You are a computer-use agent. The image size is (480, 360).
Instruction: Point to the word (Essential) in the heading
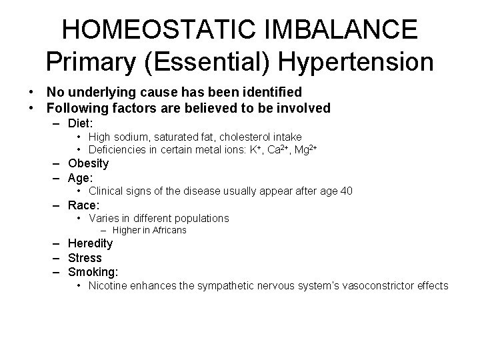click(x=211, y=62)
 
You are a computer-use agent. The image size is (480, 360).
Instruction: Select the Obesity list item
click(x=88, y=163)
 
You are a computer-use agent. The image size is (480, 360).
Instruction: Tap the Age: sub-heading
click(x=81, y=178)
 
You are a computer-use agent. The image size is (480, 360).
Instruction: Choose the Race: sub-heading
click(x=83, y=205)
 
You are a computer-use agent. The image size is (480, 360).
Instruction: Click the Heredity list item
click(x=90, y=244)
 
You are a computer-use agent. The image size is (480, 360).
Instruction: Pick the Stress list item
click(x=85, y=258)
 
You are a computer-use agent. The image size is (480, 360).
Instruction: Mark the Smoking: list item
click(x=93, y=272)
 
